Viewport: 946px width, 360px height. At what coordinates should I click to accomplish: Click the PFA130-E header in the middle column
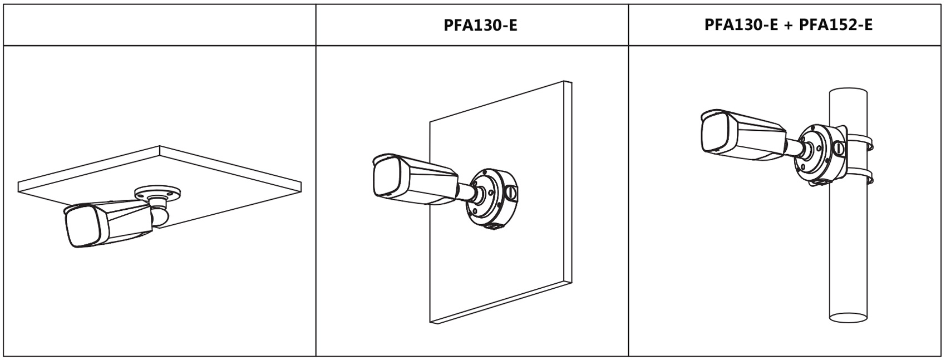click(x=480, y=25)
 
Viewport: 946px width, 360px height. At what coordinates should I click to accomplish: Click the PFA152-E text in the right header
click(x=836, y=24)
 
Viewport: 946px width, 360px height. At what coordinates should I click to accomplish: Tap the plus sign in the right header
click(x=788, y=25)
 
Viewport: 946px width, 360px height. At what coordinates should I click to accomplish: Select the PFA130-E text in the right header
click(x=741, y=24)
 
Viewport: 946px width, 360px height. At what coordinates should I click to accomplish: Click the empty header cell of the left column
click(x=160, y=25)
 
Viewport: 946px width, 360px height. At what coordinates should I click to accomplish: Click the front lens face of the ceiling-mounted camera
click(x=82, y=226)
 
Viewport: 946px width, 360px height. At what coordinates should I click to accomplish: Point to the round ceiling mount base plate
click(x=158, y=193)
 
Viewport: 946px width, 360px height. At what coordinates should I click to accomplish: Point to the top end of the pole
click(x=848, y=93)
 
